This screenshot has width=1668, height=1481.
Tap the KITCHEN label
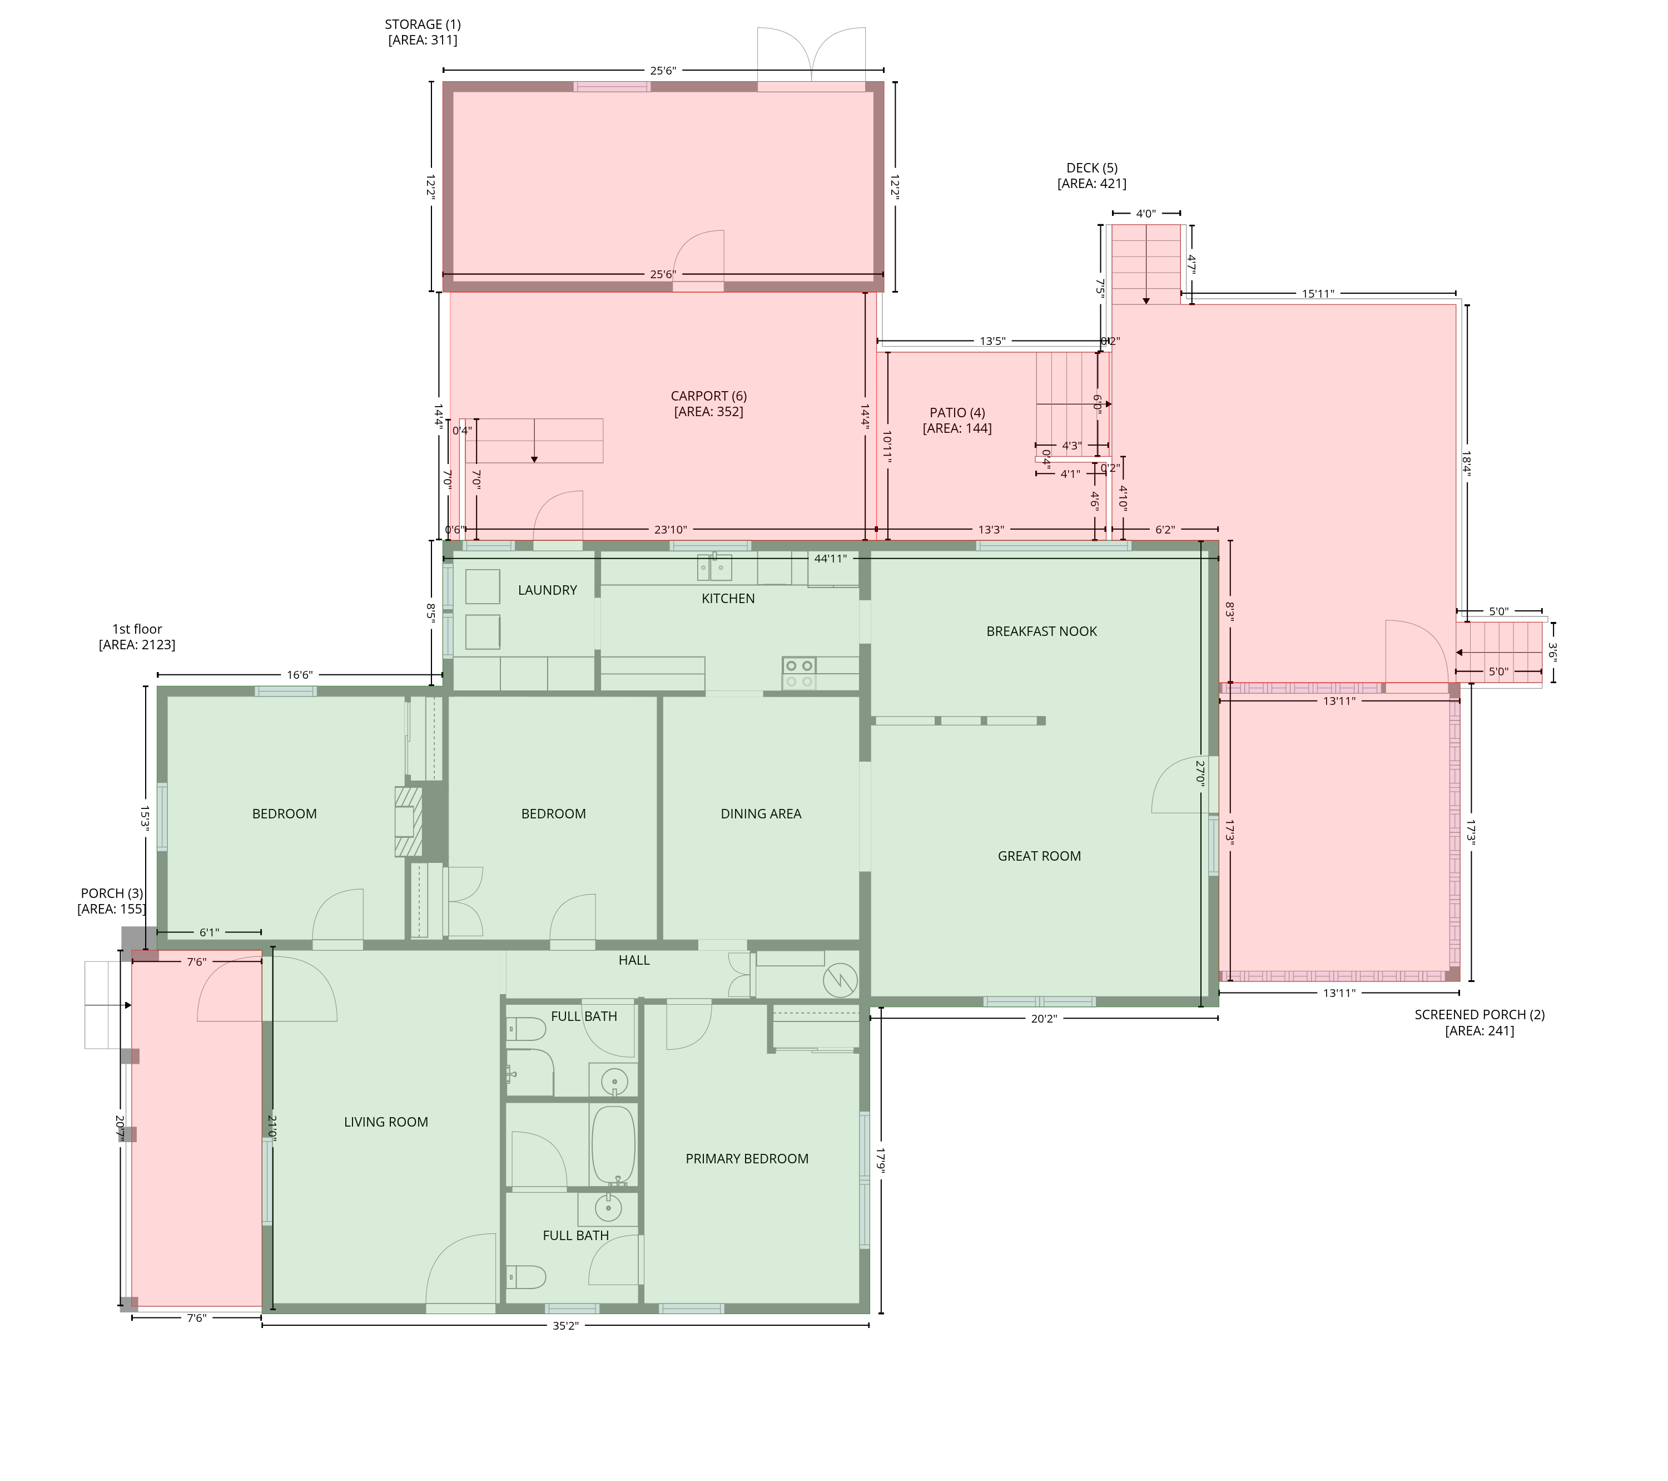(728, 599)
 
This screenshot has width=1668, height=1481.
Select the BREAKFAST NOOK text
(1041, 631)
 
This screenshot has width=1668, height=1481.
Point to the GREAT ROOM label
(1039, 856)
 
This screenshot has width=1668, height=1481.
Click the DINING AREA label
(761, 813)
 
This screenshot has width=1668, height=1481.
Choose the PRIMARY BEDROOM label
(747, 1158)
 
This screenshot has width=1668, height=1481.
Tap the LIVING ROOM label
(386, 1122)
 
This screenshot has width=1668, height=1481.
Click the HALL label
(634, 960)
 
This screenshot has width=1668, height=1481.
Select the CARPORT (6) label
(708, 396)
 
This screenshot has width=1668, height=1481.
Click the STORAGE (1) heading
(423, 24)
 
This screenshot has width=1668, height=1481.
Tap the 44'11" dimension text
(831, 559)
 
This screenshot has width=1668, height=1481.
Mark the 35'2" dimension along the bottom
(565, 1326)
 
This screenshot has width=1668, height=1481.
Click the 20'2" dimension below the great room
(1044, 1019)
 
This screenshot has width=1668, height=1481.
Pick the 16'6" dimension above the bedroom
(300, 675)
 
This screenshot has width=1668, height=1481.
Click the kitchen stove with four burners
(799, 674)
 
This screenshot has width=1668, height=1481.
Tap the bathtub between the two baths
(613, 1144)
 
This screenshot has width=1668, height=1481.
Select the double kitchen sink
(715, 566)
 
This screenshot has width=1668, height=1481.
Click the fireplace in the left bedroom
(408, 821)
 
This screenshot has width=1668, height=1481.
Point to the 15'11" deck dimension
(1318, 294)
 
